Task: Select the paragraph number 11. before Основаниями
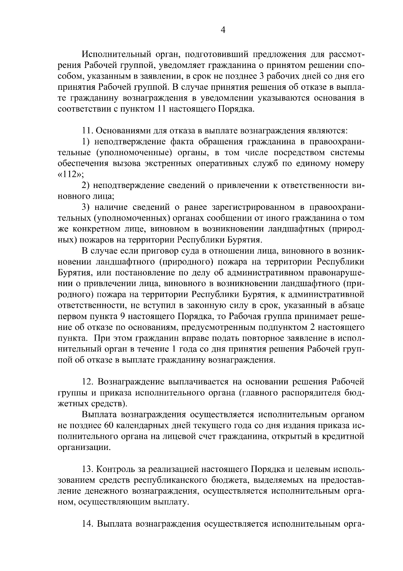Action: [x=88, y=130]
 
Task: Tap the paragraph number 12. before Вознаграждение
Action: [x=88, y=382]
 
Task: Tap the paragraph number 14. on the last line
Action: [x=88, y=524]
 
